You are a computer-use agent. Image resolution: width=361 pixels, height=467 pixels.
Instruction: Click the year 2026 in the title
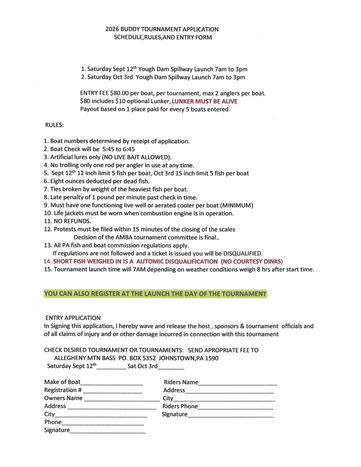112,29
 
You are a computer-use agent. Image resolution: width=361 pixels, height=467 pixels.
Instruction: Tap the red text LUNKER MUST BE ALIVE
204,101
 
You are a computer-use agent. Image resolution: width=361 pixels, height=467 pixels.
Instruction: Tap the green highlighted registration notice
155,294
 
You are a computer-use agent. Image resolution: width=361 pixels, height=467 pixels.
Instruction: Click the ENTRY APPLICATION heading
73,317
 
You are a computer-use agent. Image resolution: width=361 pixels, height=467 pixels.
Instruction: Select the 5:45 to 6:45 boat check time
119,149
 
